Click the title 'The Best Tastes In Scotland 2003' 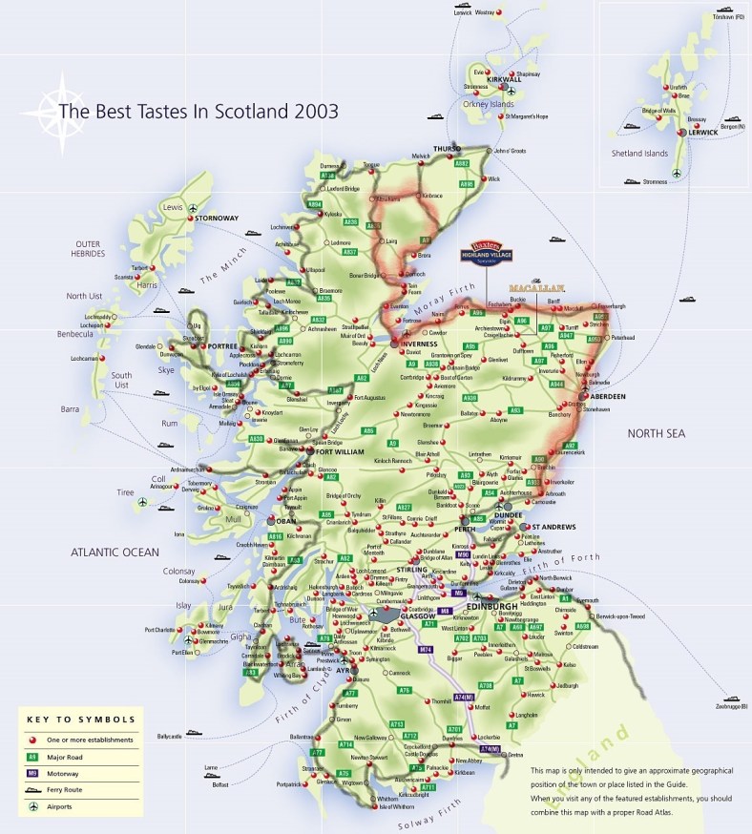[198, 111]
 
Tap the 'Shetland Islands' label [639, 153]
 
